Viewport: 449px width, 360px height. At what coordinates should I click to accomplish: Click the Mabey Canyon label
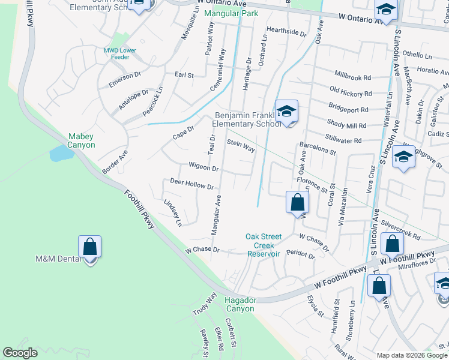pos(81,140)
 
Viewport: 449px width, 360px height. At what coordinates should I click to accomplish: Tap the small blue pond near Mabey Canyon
pos(61,153)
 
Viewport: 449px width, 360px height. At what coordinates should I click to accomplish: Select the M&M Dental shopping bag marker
pos(89,247)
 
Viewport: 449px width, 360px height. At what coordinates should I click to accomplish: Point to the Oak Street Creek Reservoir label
pos(264,245)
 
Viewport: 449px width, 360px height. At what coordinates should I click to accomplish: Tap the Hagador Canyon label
pos(239,304)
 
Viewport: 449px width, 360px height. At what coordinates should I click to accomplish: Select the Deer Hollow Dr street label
pos(192,184)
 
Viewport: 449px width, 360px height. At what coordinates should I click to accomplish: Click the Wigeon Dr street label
pos(203,167)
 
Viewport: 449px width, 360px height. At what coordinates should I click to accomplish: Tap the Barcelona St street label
pos(318,149)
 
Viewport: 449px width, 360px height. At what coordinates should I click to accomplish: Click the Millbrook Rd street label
pos(354,77)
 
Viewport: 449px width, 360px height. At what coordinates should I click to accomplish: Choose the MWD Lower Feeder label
pos(120,54)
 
